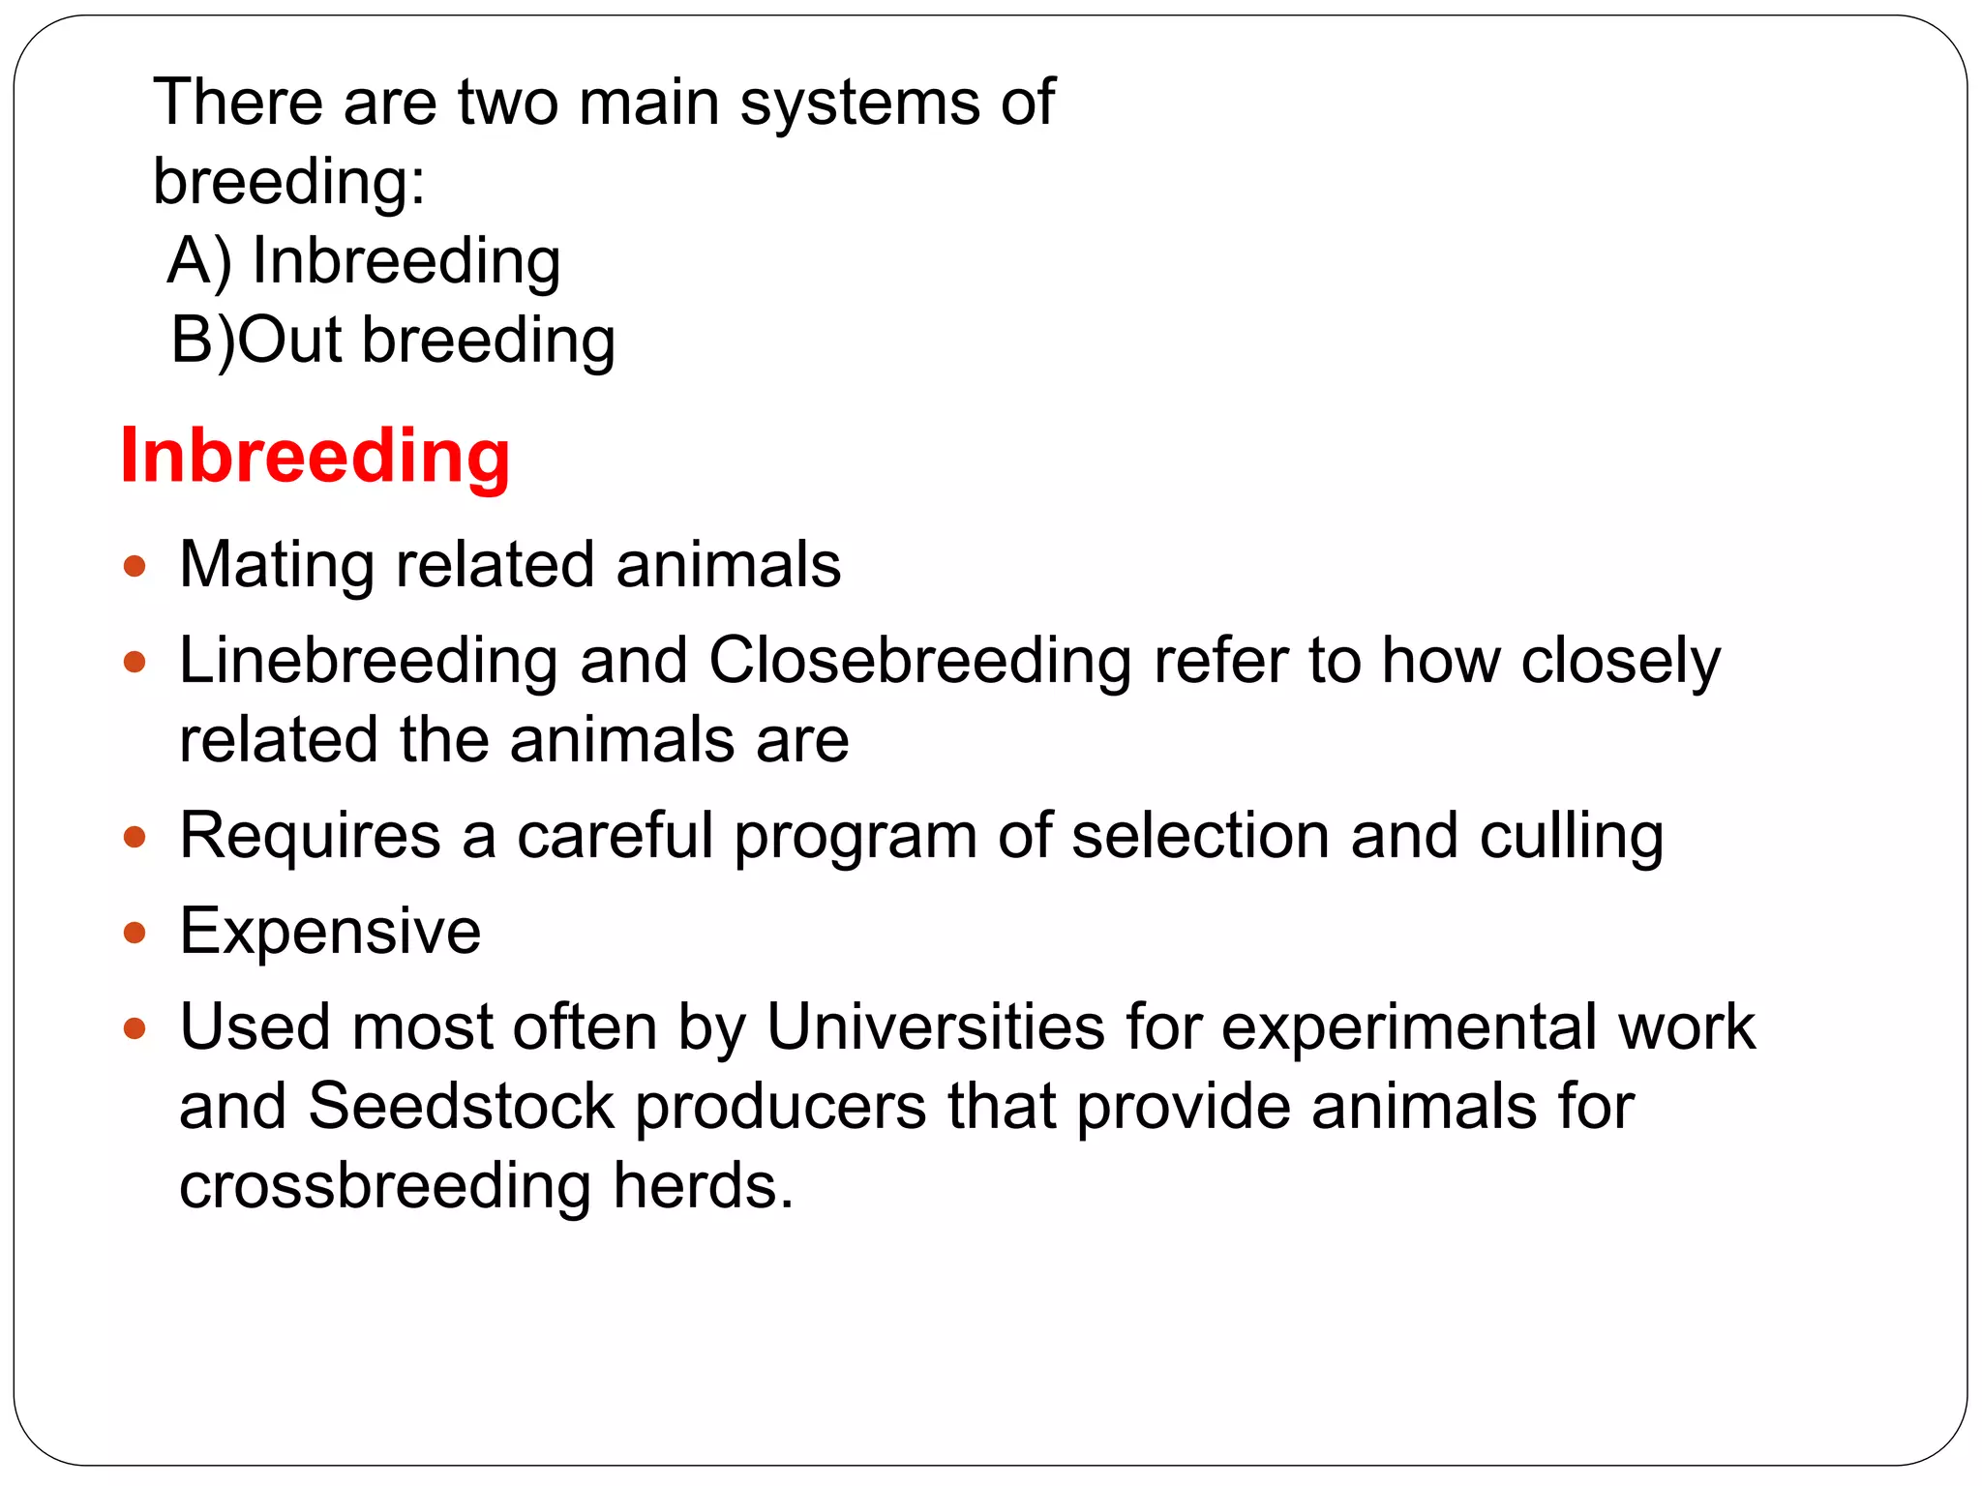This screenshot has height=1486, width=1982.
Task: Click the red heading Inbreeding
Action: click(315, 457)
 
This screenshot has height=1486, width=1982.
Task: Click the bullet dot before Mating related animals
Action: click(135, 566)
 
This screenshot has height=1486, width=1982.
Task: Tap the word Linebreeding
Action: click(368, 662)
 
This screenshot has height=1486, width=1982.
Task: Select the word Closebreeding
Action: click(919, 662)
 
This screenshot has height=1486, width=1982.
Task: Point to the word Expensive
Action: click(330, 932)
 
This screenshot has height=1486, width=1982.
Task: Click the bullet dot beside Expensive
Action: click(135, 934)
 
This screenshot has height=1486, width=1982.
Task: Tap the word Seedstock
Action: click(461, 1106)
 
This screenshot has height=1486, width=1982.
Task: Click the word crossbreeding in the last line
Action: click(384, 1187)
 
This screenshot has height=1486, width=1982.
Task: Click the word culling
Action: click(1571, 837)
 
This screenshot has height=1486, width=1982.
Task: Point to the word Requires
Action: click(310, 837)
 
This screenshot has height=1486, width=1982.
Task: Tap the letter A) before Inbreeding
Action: click(198, 261)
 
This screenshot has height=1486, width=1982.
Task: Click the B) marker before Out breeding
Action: click(202, 341)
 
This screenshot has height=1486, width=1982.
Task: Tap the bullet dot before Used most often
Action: click(135, 1028)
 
